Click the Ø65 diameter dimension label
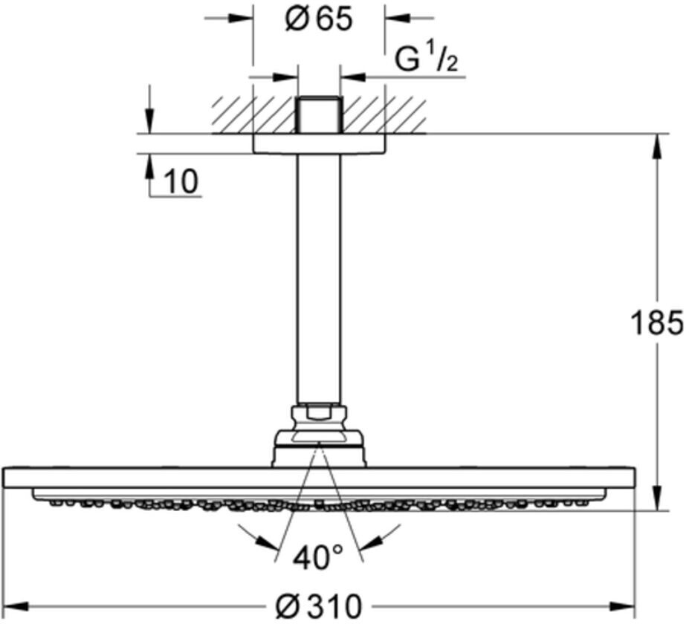coord(318,19)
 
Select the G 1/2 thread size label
coord(425,61)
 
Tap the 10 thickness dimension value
coord(181,182)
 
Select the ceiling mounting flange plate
coord(319,144)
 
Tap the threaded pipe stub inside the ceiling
coord(318,115)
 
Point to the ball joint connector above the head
coord(318,438)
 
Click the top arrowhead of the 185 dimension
coord(657,144)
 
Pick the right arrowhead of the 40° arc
coord(384,541)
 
